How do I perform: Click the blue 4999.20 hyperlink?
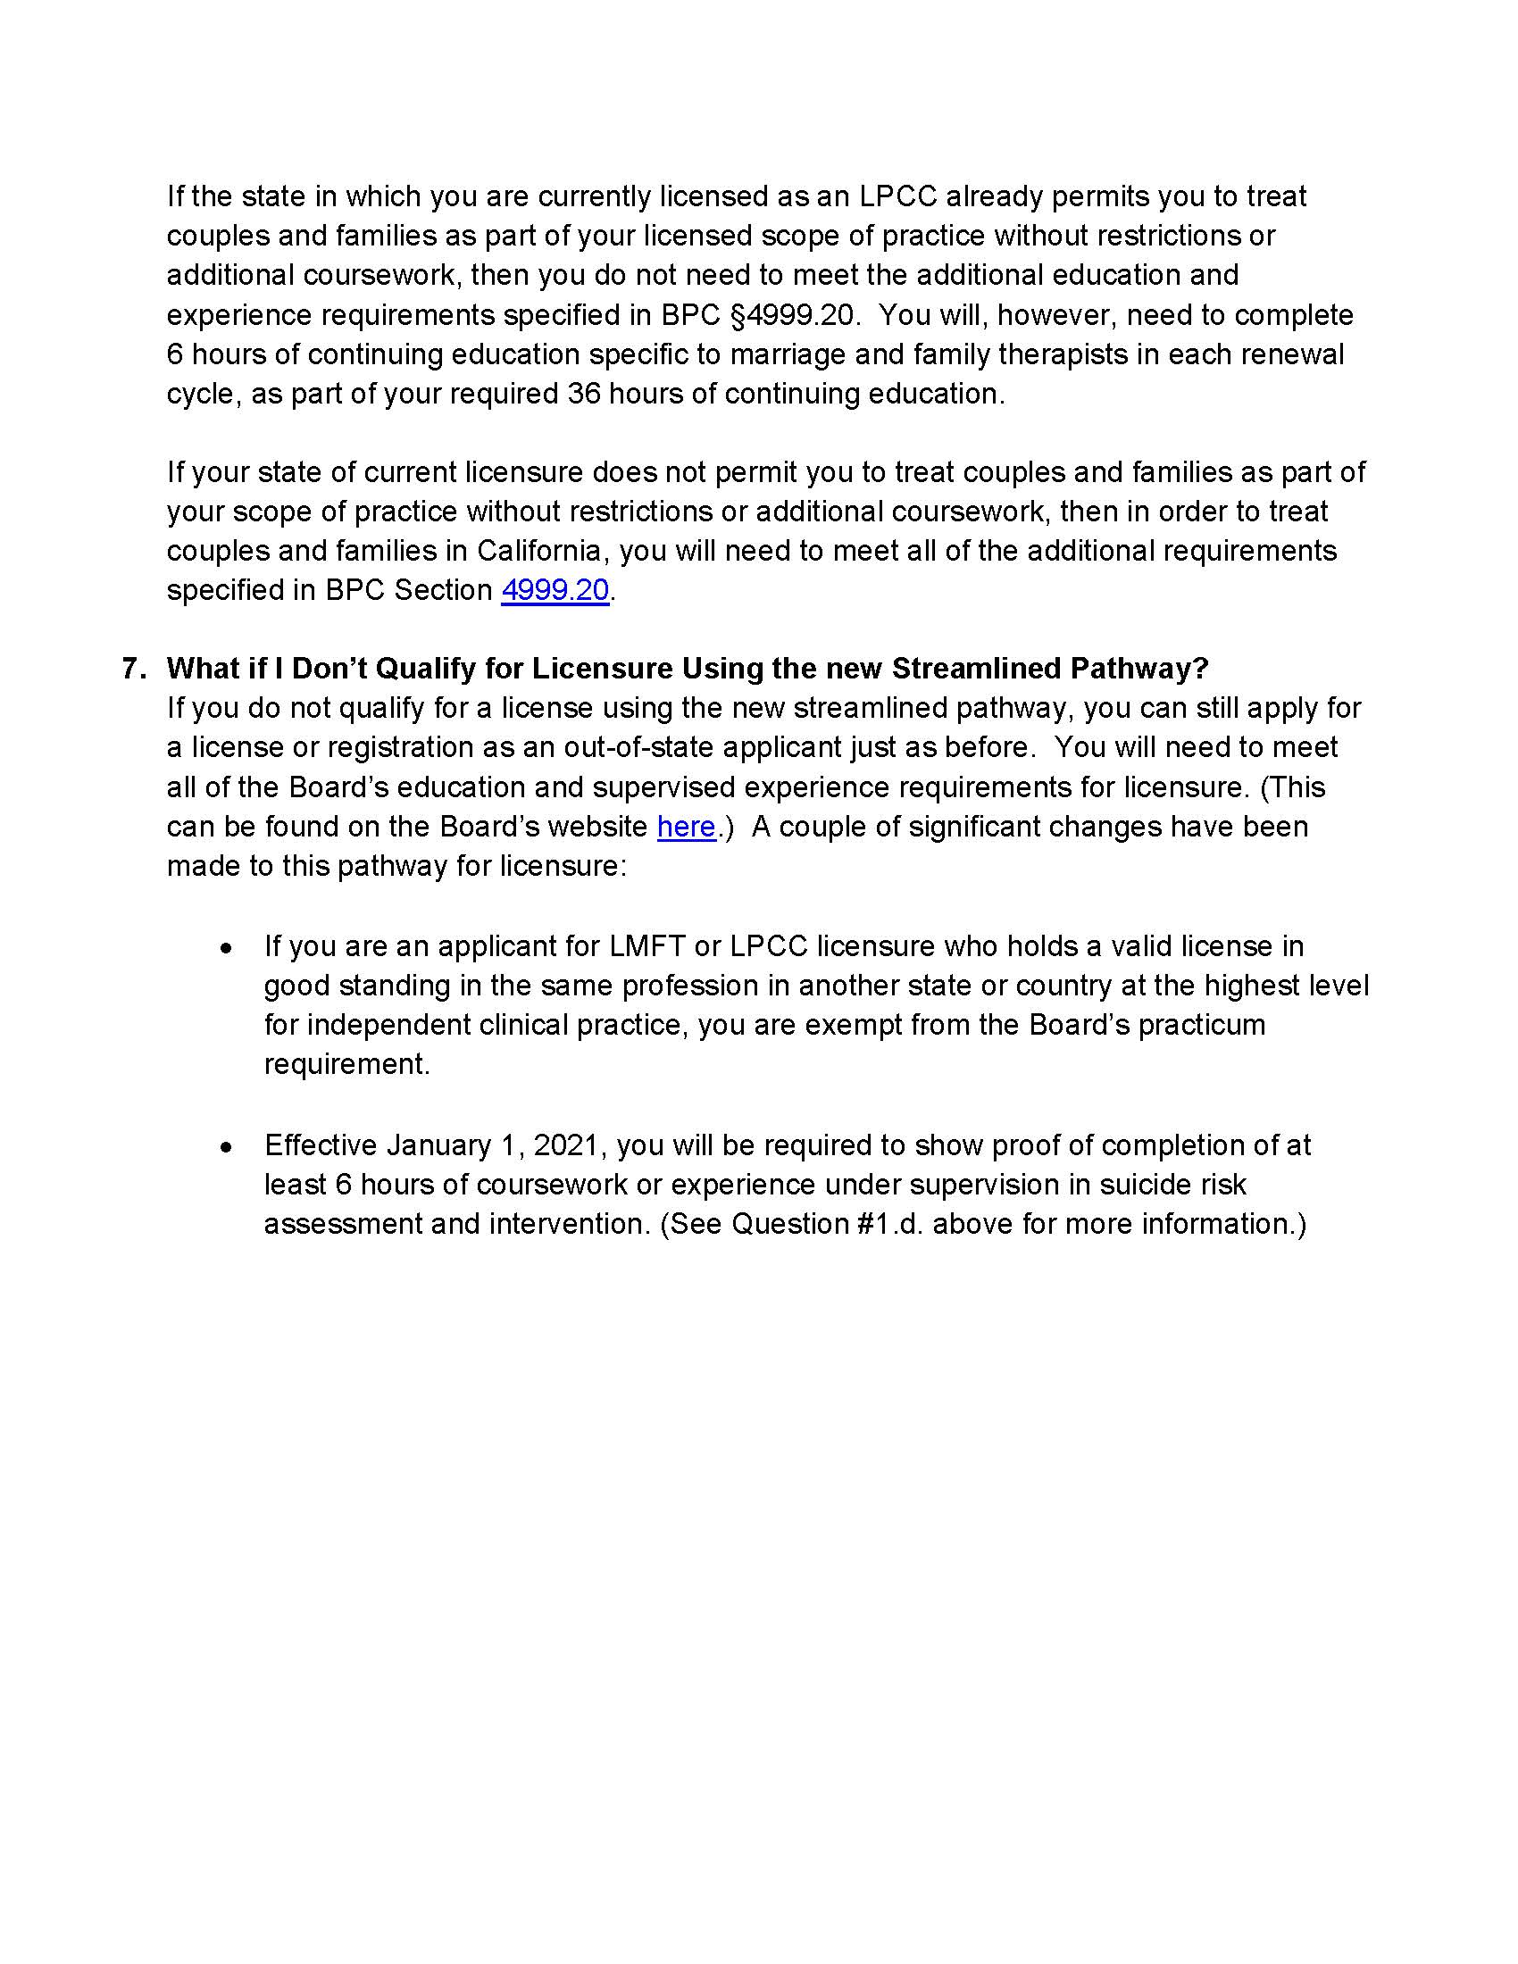coord(555,590)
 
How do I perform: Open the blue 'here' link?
coord(686,827)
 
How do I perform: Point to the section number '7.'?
coord(133,668)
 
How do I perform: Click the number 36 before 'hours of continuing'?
coord(584,394)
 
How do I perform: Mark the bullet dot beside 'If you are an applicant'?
coord(228,948)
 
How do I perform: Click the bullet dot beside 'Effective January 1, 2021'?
coord(228,1146)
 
